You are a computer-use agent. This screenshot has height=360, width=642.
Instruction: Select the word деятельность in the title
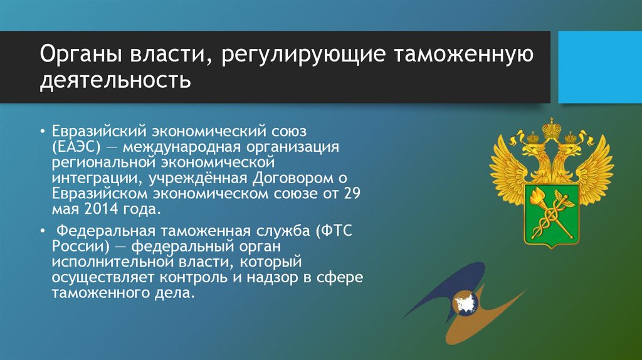coord(115,80)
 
